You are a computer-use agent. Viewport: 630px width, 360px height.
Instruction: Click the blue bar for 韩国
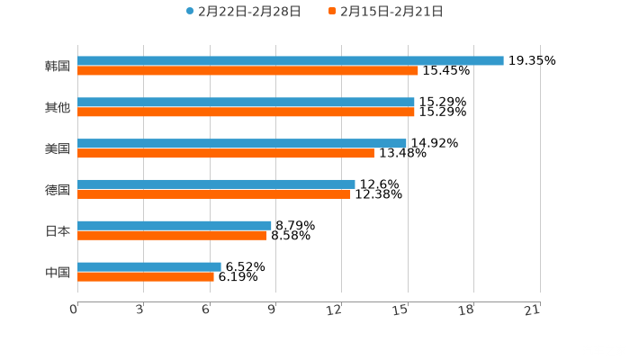290,60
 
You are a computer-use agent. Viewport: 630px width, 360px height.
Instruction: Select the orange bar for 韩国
247,70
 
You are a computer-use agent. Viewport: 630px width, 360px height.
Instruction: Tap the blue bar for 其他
246,102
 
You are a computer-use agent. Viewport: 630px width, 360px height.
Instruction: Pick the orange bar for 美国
225,153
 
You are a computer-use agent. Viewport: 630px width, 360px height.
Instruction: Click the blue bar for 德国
216,184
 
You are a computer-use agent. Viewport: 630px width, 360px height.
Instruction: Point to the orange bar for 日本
172,235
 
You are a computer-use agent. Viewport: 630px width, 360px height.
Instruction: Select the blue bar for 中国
148,266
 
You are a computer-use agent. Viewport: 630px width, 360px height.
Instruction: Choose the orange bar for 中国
145,276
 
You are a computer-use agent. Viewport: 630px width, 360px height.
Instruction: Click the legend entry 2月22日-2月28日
243,12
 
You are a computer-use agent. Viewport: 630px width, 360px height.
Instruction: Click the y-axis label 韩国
58,66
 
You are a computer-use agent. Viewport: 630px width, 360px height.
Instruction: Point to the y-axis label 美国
58,148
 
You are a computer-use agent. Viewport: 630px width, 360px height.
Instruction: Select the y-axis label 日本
58,230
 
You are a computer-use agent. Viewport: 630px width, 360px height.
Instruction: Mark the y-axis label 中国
58,272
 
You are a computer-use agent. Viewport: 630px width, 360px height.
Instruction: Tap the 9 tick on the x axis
272,309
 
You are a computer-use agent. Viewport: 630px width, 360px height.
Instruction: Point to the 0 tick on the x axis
74,309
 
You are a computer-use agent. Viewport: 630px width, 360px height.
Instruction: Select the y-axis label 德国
58,189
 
